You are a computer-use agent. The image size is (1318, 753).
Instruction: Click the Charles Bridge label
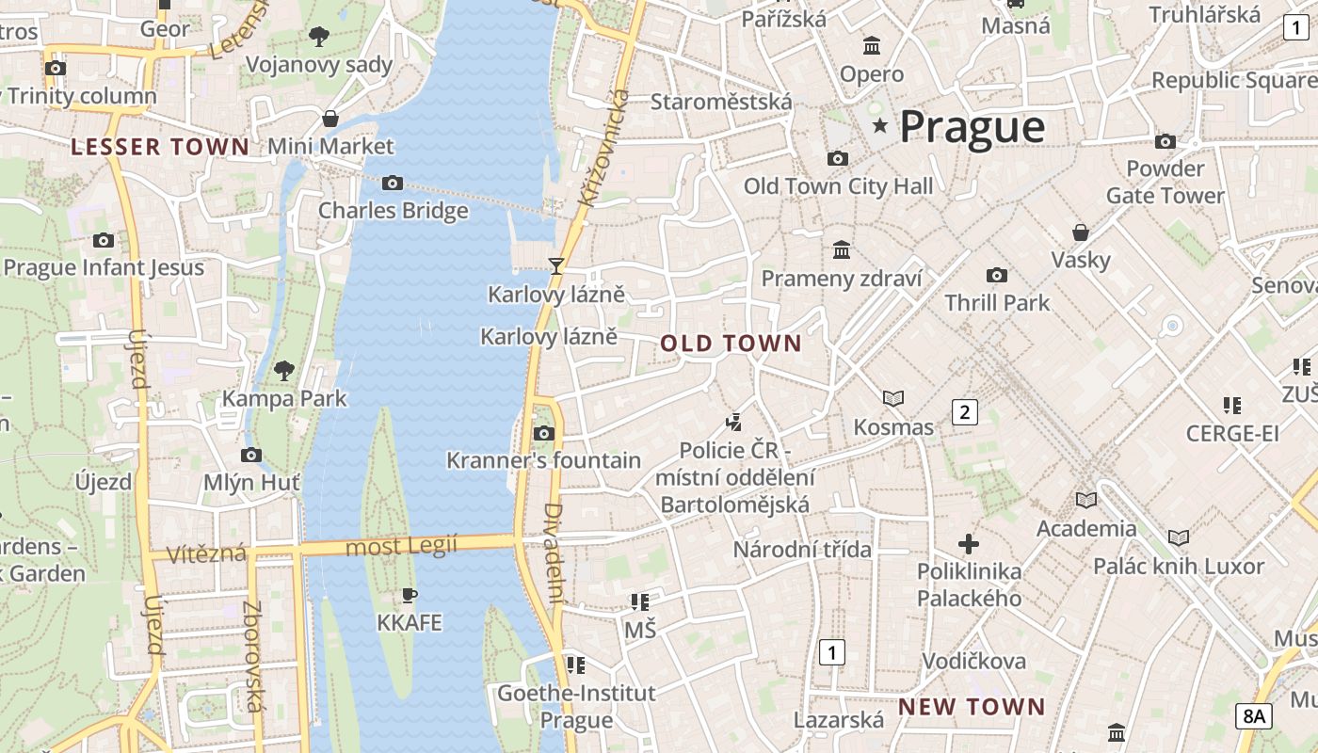[393, 210]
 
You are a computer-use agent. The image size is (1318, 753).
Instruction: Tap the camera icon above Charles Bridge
[393, 183]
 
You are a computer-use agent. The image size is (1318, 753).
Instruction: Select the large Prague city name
[972, 126]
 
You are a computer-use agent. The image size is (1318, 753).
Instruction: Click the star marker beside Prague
[880, 125]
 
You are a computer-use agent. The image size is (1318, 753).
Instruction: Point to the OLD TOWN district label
[731, 344]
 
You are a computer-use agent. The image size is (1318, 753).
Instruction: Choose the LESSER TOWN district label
[160, 147]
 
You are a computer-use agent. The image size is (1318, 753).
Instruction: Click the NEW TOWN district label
[972, 707]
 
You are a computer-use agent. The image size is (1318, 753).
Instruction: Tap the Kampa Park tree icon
[283, 371]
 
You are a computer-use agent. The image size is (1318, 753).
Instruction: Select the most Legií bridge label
[401, 546]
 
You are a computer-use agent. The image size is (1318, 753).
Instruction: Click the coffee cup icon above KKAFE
[409, 595]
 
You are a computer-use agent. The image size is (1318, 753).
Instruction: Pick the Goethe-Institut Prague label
[576, 707]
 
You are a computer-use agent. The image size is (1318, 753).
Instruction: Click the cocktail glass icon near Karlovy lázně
[556, 266]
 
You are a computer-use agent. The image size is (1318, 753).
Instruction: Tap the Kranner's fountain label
[543, 460]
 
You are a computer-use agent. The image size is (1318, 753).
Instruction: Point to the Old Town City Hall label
[838, 186]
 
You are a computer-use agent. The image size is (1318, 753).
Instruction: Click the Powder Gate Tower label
[1165, 182]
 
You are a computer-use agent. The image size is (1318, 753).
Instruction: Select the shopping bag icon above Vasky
[1081, 232]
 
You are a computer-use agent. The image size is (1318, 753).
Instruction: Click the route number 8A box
[1253, 716]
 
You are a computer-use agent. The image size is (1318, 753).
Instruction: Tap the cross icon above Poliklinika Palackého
[969, 544]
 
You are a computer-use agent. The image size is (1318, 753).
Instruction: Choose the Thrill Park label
[997, 303]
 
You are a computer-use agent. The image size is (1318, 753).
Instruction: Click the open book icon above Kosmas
[892, 399]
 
